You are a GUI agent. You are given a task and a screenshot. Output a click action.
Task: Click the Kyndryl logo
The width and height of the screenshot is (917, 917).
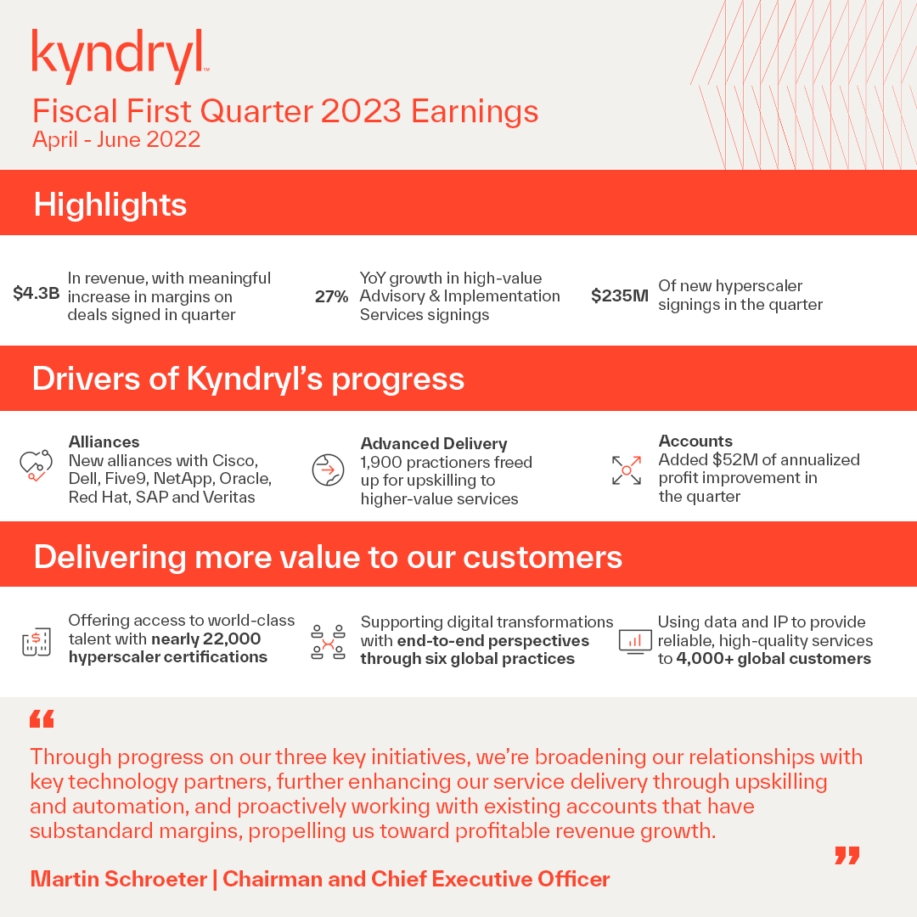[120, 55]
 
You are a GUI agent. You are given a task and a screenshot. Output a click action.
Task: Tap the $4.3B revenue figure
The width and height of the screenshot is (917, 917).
[37, 295]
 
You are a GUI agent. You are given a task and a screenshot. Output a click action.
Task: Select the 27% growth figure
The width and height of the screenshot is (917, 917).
[331, 296]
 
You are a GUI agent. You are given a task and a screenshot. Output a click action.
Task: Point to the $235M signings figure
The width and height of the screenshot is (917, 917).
[619, 296]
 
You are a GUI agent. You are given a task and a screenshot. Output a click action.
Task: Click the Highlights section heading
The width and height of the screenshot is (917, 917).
[110, 205]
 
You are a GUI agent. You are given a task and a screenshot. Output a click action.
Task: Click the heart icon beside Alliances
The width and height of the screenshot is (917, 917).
[36, 465]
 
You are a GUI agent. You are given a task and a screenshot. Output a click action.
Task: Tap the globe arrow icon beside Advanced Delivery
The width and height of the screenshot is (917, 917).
[328, 470]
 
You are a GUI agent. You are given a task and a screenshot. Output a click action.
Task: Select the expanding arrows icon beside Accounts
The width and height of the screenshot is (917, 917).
[627, 470]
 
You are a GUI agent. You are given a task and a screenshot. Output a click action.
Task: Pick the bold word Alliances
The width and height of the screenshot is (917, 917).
[104, 442]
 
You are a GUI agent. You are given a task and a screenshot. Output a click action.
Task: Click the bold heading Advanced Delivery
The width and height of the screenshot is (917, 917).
[434, 443]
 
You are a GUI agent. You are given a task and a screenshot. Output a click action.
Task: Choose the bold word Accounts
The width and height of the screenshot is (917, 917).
[695, 441]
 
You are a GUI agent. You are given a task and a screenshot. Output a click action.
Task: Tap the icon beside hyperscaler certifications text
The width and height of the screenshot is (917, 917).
[37, 642]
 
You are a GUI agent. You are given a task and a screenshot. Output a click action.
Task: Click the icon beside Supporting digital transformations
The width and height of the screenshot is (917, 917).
[328, 643]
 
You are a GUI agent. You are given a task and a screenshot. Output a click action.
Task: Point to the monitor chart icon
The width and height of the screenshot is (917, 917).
[635, 641]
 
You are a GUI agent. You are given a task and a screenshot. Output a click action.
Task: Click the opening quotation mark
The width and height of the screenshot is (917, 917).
[42, 720]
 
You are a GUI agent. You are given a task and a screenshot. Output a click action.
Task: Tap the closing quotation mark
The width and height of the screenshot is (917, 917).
[847, 855]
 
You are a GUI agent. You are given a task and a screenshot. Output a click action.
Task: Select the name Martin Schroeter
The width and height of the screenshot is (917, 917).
[118, 879]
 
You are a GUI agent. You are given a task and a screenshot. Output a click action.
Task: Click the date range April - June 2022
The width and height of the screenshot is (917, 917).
[116, 139]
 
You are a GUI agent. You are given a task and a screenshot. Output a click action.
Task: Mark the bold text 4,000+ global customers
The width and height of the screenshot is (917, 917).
[774, 659]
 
